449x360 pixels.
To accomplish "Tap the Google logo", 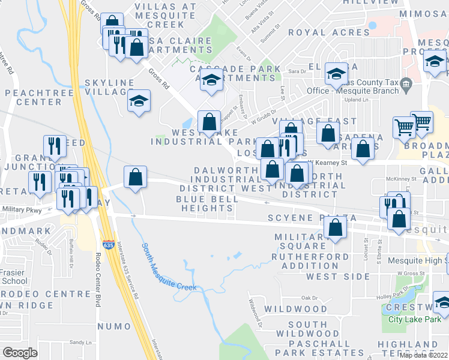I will pyautogui.click(x=20, y=353).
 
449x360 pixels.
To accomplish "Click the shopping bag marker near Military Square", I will pyautogui.click(x=335, y=228).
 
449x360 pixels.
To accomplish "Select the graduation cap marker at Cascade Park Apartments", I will pyautogui.click(x=211, y=80).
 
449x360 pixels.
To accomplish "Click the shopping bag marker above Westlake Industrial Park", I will pyautogui.click(x=209, y=122).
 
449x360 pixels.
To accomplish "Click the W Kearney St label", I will pyautogui.click(x=328, y=163).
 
